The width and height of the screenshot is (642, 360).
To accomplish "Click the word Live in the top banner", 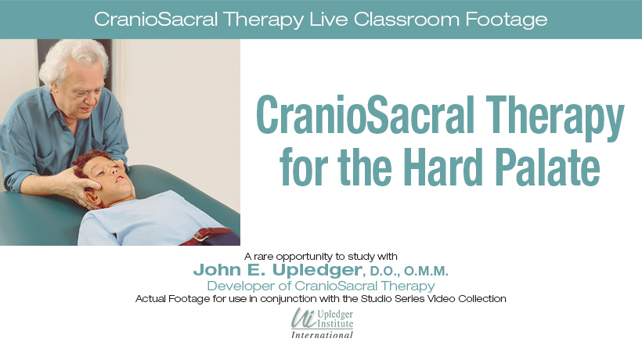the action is click(x=327, y=20).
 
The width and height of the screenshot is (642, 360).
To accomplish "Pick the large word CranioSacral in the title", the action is click(x=365, y=115).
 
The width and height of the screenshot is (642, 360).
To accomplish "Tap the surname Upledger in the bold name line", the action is click(x=317, y=270).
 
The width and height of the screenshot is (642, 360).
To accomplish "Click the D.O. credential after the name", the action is click(x=384, y=272).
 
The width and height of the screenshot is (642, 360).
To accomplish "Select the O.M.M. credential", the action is click(x=426, y=272).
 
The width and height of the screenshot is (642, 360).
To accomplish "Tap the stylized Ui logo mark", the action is click(x=304, y=319).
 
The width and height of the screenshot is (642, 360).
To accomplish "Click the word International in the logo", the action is click(x=322, y=335).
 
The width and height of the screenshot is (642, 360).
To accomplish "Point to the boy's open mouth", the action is click(x=120, y=178).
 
